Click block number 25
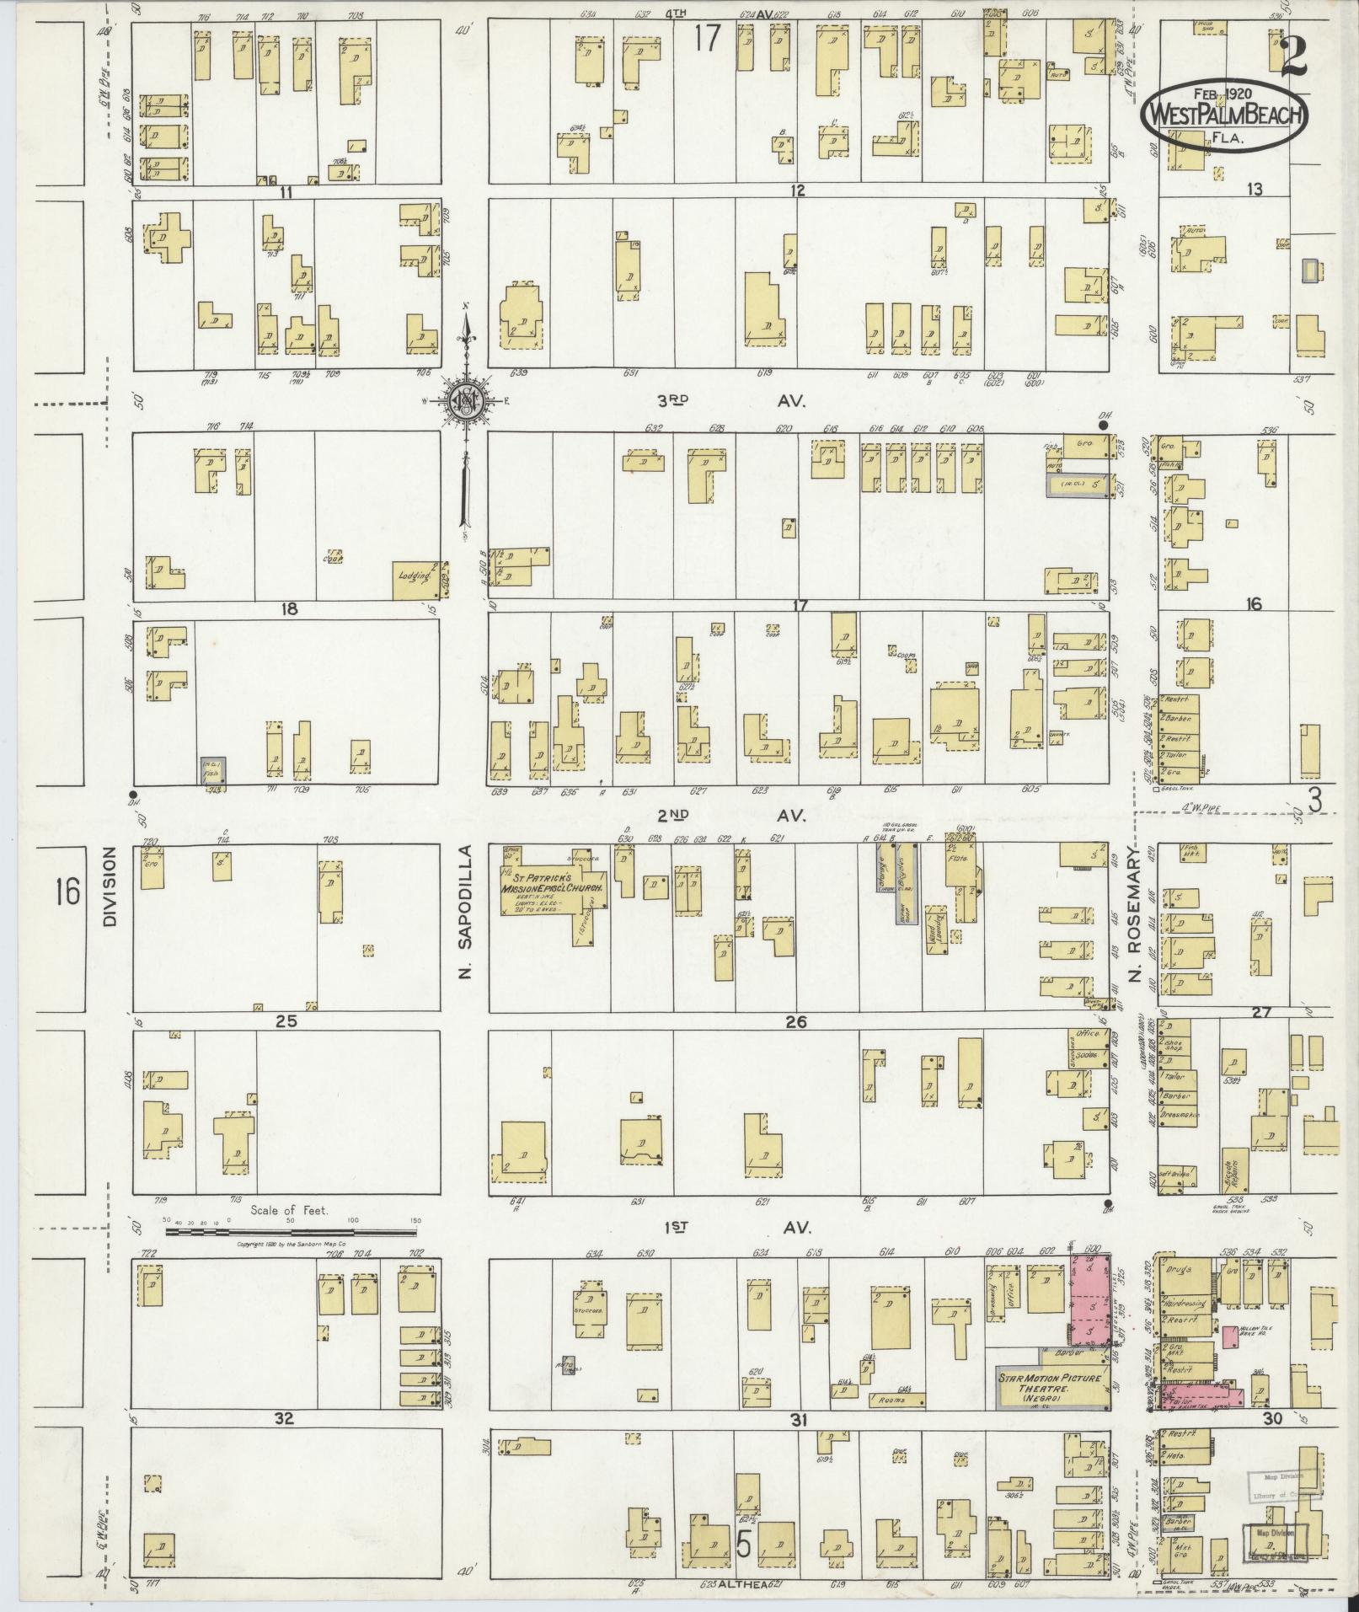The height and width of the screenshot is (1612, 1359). [x=286, y=1020]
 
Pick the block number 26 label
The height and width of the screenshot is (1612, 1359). [x=795, y=1021]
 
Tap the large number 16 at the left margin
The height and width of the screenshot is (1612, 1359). [x=67, y=890]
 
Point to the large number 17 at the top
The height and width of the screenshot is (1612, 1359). [x=707, y=38]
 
